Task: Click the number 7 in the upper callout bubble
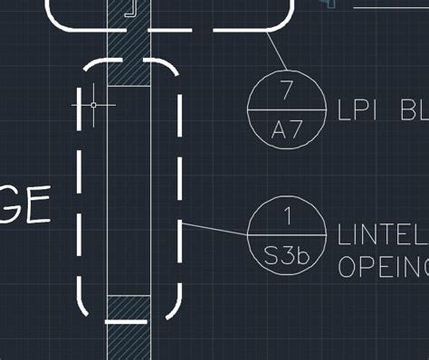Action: tap(287, 90)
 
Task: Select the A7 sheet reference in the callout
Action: tap(286, 129)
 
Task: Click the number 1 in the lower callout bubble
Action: tap(287, 215)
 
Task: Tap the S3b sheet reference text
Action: tap(286, 256)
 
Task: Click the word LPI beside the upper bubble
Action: tap(359, 110)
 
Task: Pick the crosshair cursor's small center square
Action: tap(93, 105)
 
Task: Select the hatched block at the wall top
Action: tap(129, 71)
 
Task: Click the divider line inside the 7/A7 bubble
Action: tap(286, 110)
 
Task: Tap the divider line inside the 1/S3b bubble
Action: tap(286, 235)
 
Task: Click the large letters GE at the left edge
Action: tap(24, 206)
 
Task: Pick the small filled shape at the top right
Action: tap(328, 4)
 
